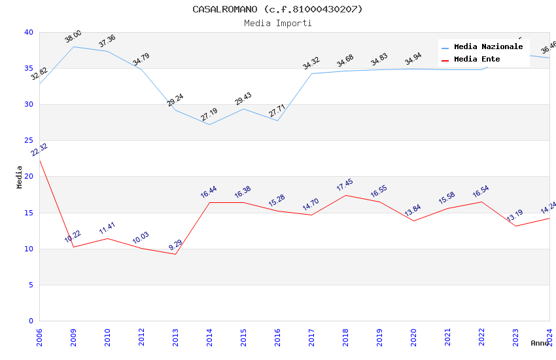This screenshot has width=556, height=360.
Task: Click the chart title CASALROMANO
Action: click(277, 9)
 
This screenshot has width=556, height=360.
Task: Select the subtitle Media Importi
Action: click(277, 23)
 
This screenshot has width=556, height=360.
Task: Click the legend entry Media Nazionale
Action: click(488, 46)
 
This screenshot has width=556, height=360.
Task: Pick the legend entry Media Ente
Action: click(477, 59)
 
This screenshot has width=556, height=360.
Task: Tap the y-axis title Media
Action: click(20, 177)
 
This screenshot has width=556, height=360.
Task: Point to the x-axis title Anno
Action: click(540, 343)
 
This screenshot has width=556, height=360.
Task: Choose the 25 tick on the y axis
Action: click(28, 141)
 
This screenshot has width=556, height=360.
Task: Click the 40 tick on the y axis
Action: click(28, 33)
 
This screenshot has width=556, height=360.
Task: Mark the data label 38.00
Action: click(73, 37)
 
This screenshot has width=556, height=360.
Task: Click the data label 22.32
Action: click(39, 150)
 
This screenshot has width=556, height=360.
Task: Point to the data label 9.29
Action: click(175, 245)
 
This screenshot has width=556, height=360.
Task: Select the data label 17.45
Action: click(345, 185)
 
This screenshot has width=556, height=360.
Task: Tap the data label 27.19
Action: click(209, 115)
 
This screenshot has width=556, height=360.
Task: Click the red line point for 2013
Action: click(175, 254)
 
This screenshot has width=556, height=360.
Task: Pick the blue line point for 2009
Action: click(73, 46)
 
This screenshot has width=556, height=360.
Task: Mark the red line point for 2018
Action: click(345, 195)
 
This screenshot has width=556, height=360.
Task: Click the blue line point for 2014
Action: click(209, 124)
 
